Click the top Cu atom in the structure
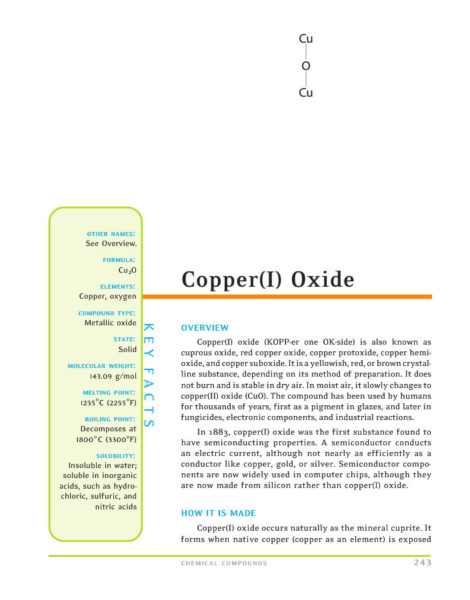tap(306, 39)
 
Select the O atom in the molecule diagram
tap(306, 66)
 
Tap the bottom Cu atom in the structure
tap(306, 93)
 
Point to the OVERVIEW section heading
tap(205, 327)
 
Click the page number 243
tap(422, 563)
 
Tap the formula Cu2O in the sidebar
tap(127, 270)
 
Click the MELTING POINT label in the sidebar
tap(109, 393)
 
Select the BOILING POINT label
tap(111, 419)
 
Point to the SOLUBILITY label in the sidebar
tap(116, 456)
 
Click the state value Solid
tap(127, 349)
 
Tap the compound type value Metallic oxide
tap(111, 323)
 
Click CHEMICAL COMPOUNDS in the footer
tap(224, 564)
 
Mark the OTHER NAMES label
tap(111, 233)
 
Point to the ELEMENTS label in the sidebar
tap(118, 287)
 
